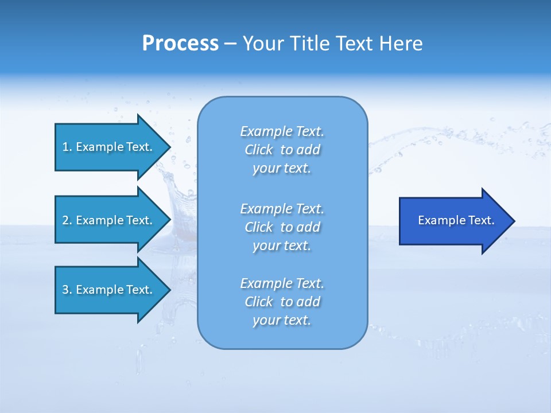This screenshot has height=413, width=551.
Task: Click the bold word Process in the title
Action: click(180, 44)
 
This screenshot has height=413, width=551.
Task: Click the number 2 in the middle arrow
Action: click(65, 220)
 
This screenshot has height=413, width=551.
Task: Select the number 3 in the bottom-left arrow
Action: click(65, 290)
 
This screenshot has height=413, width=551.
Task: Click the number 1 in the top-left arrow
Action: click(65, 147)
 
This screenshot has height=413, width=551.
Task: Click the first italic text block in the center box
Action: click(282, 150)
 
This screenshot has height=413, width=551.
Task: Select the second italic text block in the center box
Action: click(282, 227)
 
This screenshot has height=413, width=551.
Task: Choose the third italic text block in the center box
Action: click(282, 302)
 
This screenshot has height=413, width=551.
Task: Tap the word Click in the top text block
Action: click(258, 150)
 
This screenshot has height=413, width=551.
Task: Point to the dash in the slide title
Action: click(230, 44)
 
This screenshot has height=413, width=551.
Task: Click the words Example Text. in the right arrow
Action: click(456, 220)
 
